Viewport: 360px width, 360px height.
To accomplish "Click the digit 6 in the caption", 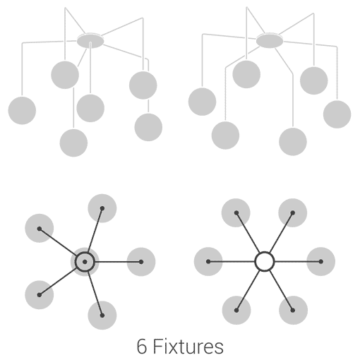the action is click(142, 346).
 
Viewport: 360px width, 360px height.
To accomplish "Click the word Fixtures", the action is click(188, 346).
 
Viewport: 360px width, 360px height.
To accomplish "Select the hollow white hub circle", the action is click(265, 261).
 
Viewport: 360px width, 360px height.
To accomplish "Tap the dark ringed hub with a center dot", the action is click(85, 262).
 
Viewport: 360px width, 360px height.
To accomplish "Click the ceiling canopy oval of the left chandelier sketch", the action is click(90, 41).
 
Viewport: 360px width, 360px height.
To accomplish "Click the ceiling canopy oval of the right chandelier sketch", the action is click(270, 41).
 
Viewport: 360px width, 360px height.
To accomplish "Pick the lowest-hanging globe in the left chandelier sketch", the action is click(73, 143).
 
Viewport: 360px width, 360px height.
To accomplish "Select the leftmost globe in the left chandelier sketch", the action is click(22, 110).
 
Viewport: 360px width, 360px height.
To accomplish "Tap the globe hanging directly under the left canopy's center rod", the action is click(90, 108).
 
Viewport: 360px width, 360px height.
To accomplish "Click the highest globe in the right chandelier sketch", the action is click(246, 74).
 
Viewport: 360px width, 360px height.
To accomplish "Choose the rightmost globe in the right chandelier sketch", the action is click(337, 114).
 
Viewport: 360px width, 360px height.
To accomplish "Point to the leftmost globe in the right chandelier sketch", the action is click(202, 102).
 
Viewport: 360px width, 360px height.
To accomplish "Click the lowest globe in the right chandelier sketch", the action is click(293, 142).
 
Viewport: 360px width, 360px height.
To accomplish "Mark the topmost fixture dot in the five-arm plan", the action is click(102, 208).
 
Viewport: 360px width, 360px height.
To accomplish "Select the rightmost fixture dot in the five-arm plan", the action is click(141, 262).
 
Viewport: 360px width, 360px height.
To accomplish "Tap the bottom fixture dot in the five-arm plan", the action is click(102, 316).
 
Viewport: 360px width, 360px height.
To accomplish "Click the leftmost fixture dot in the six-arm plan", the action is click(208, 261).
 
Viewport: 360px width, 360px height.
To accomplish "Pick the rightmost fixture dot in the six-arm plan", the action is click(320, 261).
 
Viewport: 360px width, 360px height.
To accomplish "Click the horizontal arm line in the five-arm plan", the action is click(118, 262).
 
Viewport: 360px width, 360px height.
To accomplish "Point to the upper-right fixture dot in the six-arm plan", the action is click(292, 213).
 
